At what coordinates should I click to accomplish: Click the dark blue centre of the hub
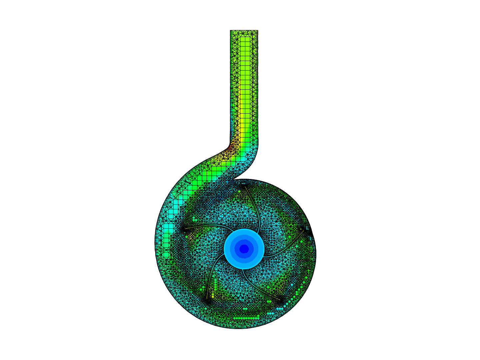(244, 249)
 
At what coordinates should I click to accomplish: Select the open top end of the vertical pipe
(244, 31)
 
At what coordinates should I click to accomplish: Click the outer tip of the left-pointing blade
(183, 229)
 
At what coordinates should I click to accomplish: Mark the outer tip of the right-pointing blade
(304, 230)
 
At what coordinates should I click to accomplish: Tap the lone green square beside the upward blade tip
(239, 191)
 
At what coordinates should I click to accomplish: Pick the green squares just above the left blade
(194, 219)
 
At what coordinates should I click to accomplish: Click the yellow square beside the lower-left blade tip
(213, 295)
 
